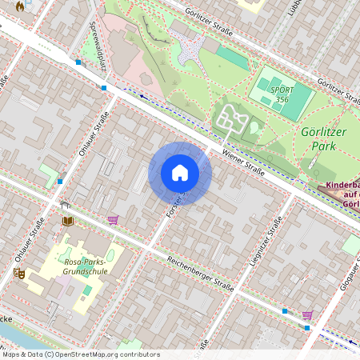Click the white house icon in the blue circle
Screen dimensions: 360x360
(180, 173)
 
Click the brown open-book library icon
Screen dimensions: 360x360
(68, 220)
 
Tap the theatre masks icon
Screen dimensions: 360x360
(19, 274)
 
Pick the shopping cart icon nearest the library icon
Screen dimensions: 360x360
(113, 219)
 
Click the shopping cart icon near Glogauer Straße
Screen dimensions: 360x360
(307, 315)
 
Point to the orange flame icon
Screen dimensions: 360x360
(21, 5)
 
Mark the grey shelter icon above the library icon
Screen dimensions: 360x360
(65, 206)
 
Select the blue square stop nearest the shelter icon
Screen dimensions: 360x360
(59, 181)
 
